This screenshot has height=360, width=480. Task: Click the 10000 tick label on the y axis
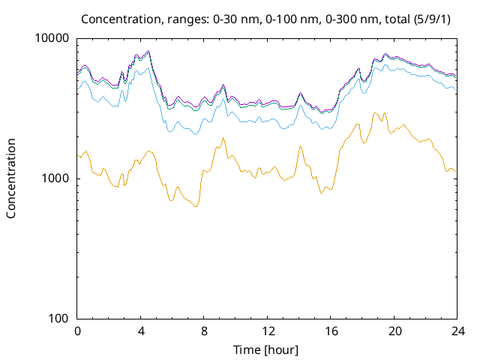point(52,38)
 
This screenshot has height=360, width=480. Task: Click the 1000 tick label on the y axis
point(55,178)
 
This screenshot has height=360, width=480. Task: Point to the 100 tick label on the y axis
point(58,319)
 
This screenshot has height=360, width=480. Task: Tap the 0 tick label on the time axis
point(77,331)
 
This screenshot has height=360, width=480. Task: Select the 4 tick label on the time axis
point(140,331)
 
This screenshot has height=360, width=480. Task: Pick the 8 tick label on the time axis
point(204,331)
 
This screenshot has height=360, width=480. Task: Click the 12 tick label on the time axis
point(267,331)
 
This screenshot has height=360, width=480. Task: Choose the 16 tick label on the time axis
point(330,331)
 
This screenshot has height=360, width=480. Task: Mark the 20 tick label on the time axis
point(393,331)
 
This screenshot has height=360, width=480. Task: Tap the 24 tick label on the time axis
point(456,331)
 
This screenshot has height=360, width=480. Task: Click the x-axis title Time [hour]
point(266,349)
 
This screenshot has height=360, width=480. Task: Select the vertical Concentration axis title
point(11,178)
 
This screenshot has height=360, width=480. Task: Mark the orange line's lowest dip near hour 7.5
point(196,206)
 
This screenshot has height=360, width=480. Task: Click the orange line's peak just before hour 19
point(375,113)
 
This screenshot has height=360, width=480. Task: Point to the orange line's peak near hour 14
point(300,145)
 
